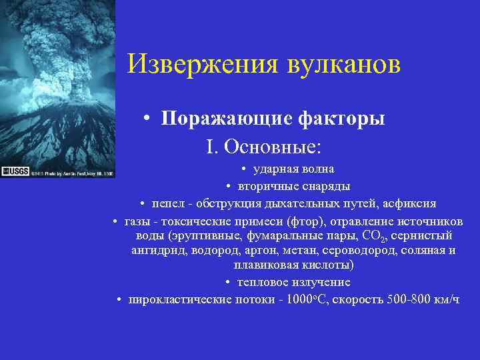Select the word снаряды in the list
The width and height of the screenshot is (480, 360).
(326, 186)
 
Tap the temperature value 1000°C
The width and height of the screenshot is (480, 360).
(303, 299)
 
